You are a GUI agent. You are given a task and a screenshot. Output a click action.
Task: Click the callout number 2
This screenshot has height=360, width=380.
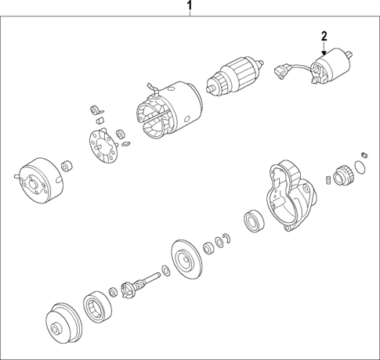click(324, 36)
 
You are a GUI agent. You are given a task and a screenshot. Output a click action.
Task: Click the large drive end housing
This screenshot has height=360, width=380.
click(289, 196)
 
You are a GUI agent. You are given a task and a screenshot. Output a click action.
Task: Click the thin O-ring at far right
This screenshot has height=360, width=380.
click(360, 166)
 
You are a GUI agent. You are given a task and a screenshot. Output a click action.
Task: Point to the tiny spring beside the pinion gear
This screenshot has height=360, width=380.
click(324, 182)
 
